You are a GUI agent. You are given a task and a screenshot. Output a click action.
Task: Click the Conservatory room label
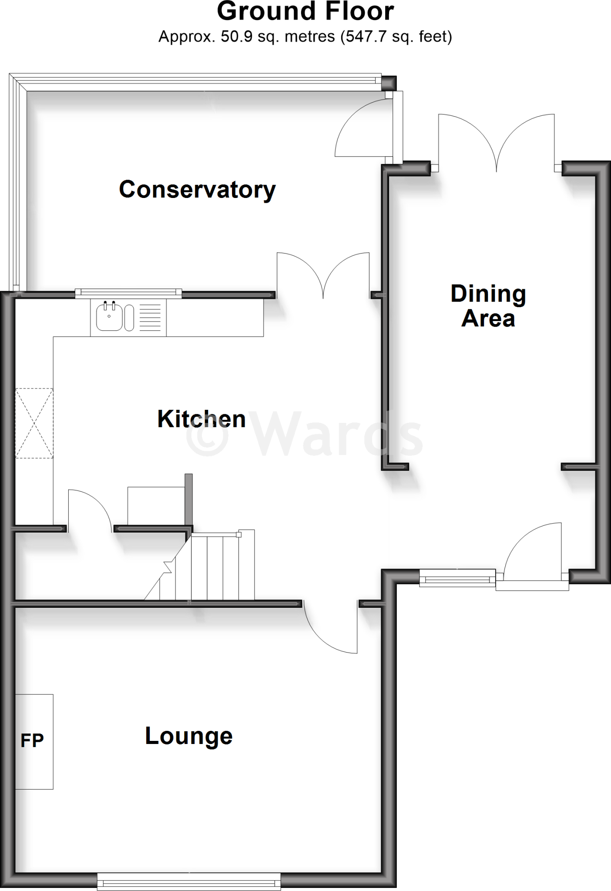point(197,190)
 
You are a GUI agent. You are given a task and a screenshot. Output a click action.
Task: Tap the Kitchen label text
point(201,419)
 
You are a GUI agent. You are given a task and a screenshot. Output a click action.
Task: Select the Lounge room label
point(188,736)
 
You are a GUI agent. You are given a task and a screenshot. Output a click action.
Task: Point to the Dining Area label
point(488,306)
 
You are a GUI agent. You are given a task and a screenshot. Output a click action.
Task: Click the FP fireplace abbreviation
point(32,740)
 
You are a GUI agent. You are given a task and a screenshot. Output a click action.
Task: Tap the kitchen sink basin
point(108,317)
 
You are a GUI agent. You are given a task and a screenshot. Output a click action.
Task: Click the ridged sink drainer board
point(150,318)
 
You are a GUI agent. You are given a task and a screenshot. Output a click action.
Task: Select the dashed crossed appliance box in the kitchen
point(34,423)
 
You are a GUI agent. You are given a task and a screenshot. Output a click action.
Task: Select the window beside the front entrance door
point(457,578)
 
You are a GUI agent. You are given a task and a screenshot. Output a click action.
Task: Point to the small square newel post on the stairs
point(238,534)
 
